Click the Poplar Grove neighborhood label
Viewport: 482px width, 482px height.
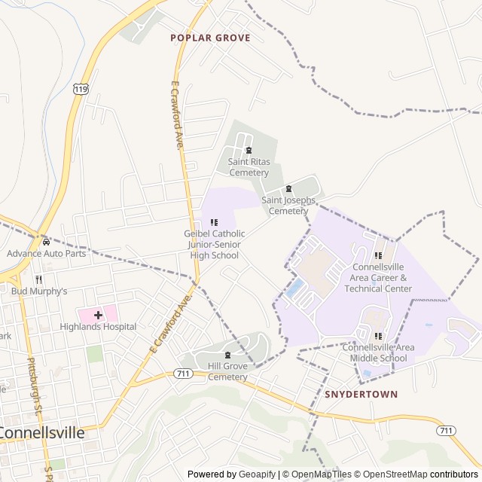click(x=210, y=37)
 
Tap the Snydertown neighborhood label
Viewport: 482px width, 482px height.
click(x=361, y=394)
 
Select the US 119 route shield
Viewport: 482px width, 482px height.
click(x=80, y=89)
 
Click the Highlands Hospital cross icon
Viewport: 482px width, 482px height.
click(x=98, y=315)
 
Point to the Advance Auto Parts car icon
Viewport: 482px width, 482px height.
click(x=47, y=243)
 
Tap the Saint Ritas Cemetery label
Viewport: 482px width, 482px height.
click(x=249, y=167)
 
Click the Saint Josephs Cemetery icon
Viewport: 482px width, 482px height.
click(x=288, y=189)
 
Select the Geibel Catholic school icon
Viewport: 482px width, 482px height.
click(x=215, y=222)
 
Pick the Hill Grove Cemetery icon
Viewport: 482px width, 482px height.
click(x=227, y=355)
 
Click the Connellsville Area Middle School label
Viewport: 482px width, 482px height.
click(x=378, y=352)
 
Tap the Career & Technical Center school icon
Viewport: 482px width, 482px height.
click(x=378, y=256)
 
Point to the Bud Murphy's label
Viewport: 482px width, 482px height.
click(x=39, y=291)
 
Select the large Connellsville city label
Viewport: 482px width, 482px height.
click(x=42, y=433)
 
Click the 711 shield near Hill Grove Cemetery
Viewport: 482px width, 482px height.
click(x=182, y=374)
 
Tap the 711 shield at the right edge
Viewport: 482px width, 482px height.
click(x=445, y=430)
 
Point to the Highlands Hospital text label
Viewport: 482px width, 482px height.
click(x=99, y=327)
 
